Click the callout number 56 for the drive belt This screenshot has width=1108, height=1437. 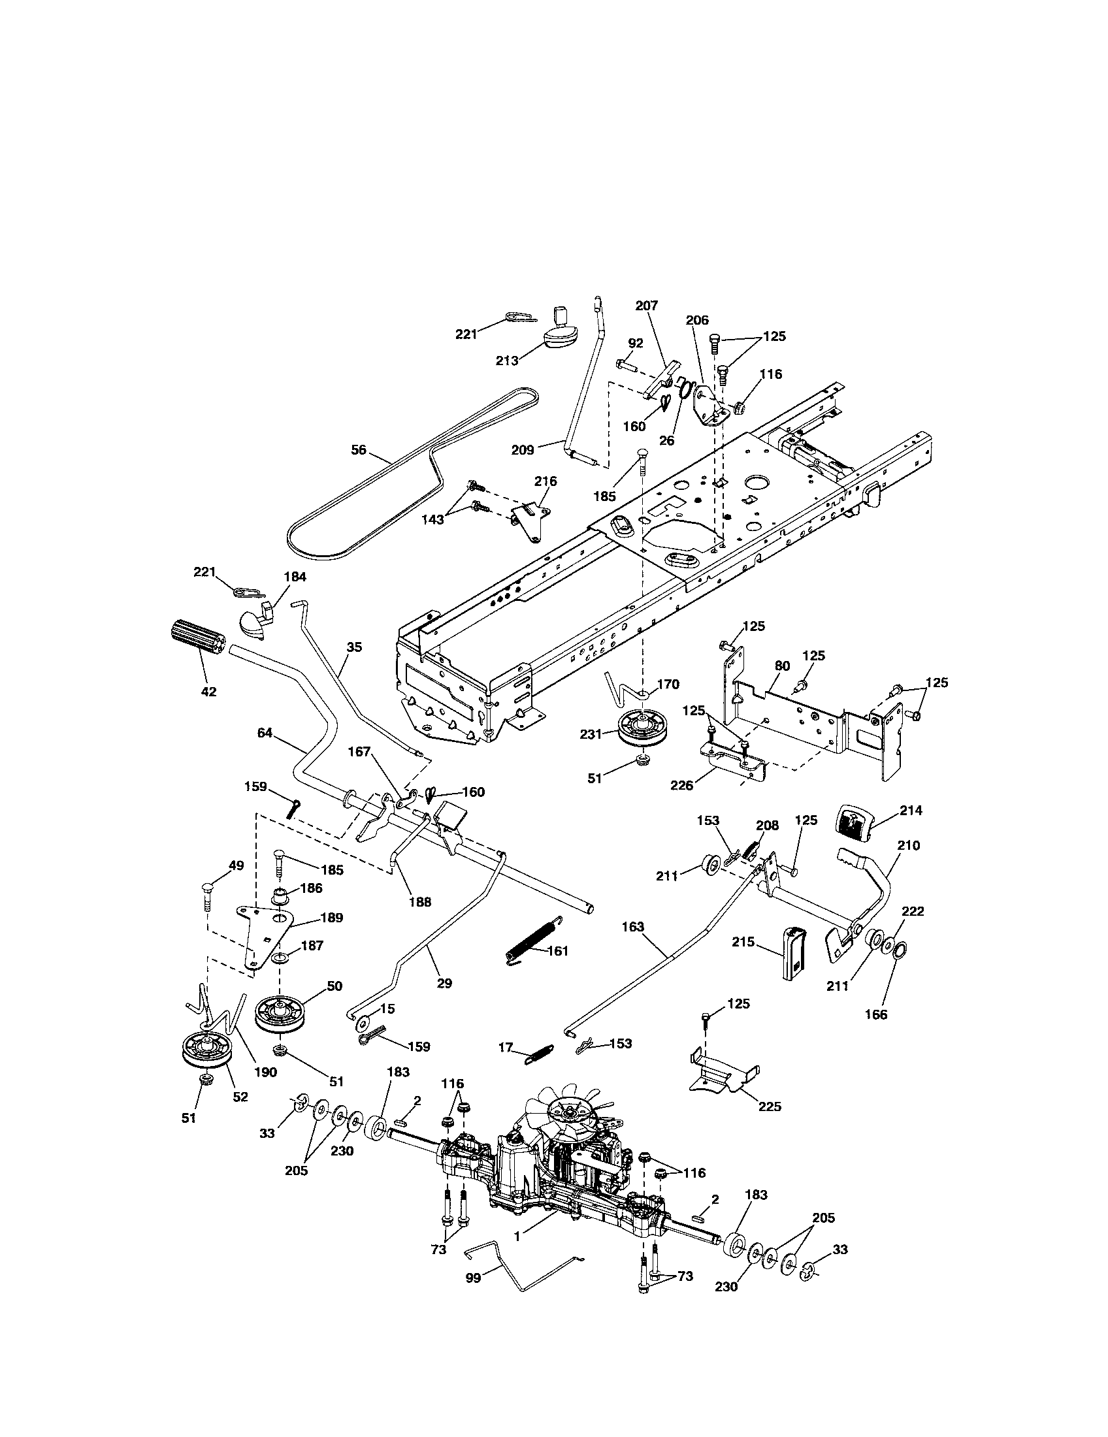coord(358,449)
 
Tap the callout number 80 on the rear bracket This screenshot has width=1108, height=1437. coord(781,665)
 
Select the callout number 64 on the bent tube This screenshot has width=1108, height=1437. coord(265,732)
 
